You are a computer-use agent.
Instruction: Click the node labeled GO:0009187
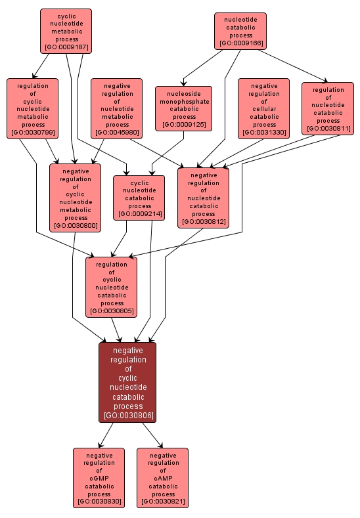(x=66, y=31)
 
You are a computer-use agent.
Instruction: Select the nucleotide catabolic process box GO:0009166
(x=240, y=31)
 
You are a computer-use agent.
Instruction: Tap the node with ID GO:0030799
(x=33, y=108)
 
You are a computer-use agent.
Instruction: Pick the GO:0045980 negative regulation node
(x=117, y=108)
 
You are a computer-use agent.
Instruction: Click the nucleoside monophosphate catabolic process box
(x=184, y=108)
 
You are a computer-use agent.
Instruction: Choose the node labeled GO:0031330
(x=264, y=108)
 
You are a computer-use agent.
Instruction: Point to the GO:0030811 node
(x=328, y=108)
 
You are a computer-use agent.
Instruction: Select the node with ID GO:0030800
(x=76, y=198)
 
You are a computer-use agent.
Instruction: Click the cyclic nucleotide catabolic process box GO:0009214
(x=139, y=197)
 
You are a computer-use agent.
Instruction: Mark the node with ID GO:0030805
(x=112, y=287)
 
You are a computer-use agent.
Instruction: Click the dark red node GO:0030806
(x=127, y=382)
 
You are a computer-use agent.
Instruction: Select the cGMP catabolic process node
(x=99, y=478)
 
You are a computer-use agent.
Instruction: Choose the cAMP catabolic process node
(x=163, y=478)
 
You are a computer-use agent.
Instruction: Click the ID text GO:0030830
(x=99, y=502)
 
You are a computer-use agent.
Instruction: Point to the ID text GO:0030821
(x=163, y=502)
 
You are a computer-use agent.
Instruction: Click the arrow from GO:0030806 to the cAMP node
(x=150, y=435)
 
